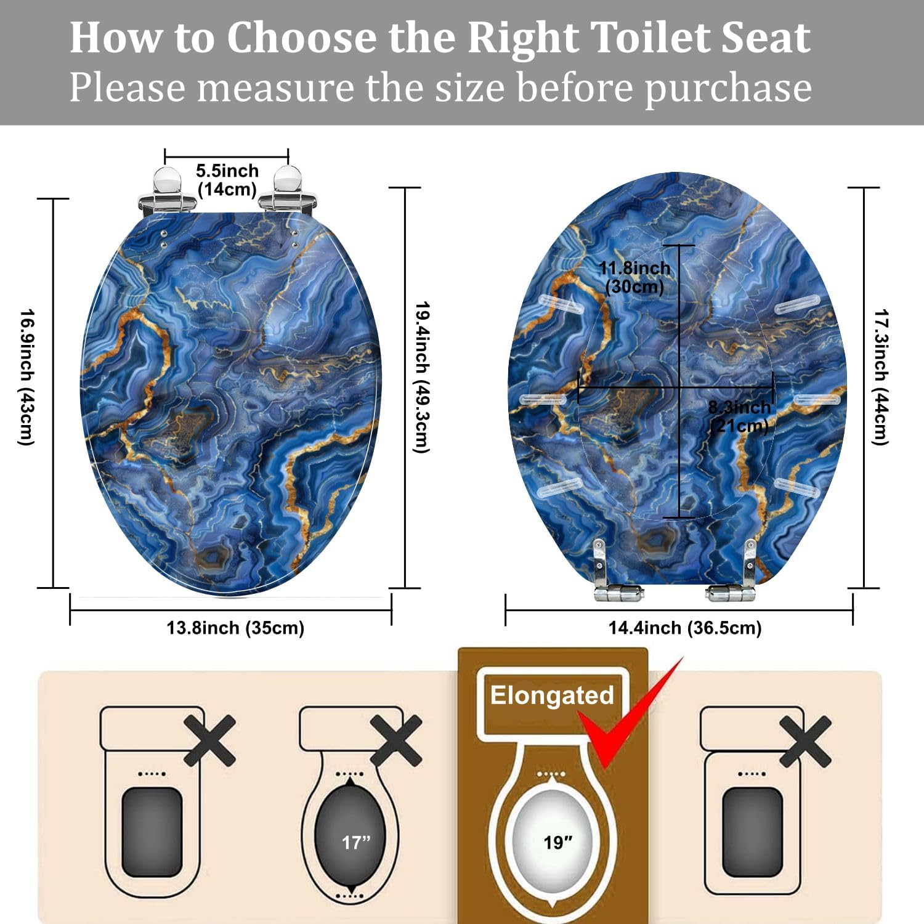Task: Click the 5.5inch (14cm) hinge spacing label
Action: [227, 180]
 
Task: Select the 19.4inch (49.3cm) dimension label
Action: [421, 377]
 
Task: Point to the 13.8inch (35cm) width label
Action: [235, 628]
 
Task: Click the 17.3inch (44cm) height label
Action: [881, 377]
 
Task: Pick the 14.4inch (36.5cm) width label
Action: [685, 628]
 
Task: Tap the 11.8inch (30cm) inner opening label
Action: [634, 277]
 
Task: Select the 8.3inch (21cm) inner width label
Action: [739, 416]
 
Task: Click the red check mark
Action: [628, 715]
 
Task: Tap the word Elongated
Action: [552, 696]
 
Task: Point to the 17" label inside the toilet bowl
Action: [356, 842]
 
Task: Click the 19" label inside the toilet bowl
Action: [558, 842]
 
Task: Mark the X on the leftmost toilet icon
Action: [210, 740]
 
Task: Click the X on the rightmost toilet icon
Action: [806, 740]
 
